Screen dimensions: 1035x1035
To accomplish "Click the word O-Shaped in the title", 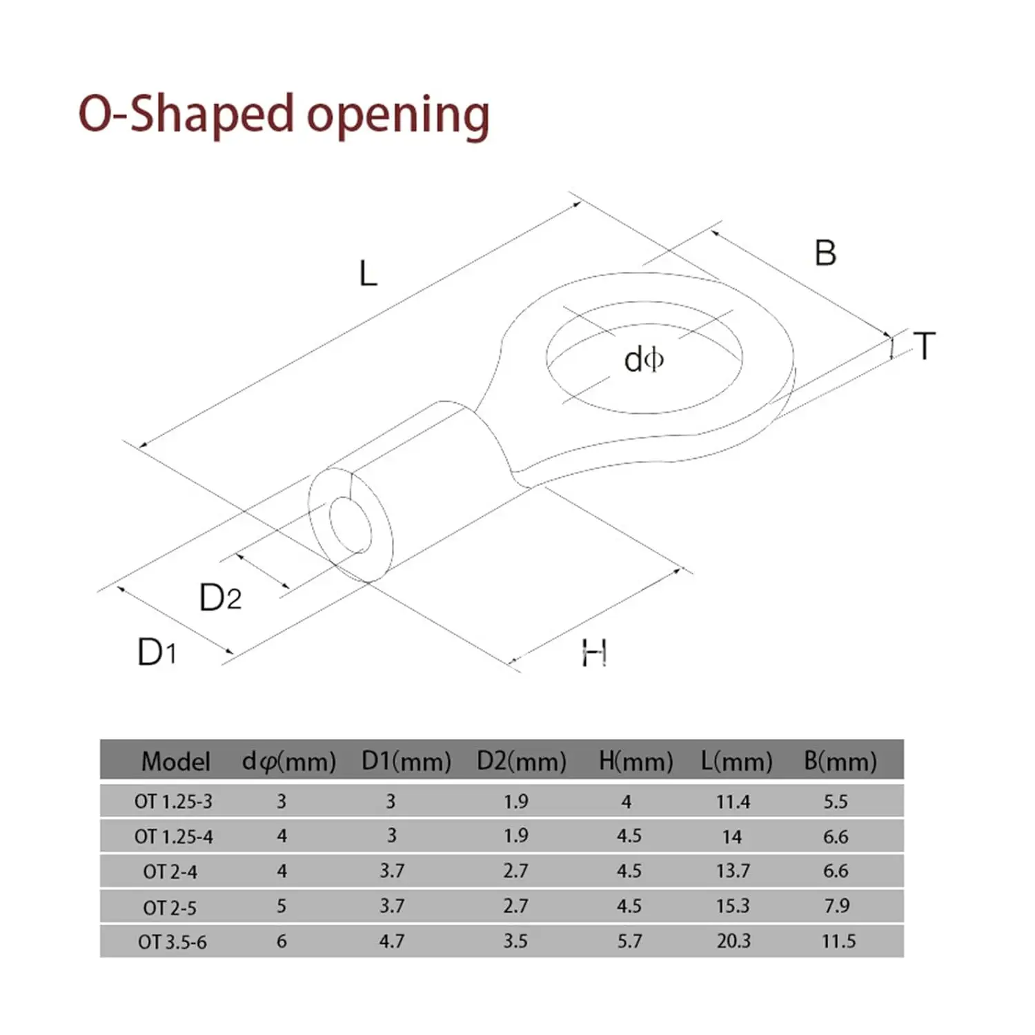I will pos(186,114).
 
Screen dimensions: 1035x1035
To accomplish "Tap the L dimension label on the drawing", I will pos(368,274).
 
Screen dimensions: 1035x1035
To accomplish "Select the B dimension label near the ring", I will pos(825,253).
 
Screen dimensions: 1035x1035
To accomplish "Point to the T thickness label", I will pos(925,346).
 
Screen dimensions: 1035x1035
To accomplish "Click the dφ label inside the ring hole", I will pos(643,360).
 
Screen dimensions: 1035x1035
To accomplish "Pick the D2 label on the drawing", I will pos(220,598).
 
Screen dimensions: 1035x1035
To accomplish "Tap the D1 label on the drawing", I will pos(157,652).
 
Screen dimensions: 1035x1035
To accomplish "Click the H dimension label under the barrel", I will pos(593,653).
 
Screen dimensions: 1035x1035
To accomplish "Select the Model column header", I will pos(175,761).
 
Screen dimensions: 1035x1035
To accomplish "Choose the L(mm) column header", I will pos(736,761).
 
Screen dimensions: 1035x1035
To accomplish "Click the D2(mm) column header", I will pos(521,761).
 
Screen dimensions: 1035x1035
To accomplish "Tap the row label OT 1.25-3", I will pos(173,802).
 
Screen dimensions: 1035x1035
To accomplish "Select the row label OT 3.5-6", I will pos(172,942).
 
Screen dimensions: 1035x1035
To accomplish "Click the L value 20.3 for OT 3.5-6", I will pos(733,941).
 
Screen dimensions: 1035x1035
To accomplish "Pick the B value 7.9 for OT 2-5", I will pos(836,906).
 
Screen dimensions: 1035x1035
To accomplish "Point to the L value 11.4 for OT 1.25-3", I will pos(733,802).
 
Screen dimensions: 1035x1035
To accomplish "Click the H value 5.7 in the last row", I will pos(629,941).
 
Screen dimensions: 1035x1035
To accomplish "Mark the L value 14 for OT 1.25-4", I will pos(731,837).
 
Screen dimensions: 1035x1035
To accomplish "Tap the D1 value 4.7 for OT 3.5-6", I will pos(391,941).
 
